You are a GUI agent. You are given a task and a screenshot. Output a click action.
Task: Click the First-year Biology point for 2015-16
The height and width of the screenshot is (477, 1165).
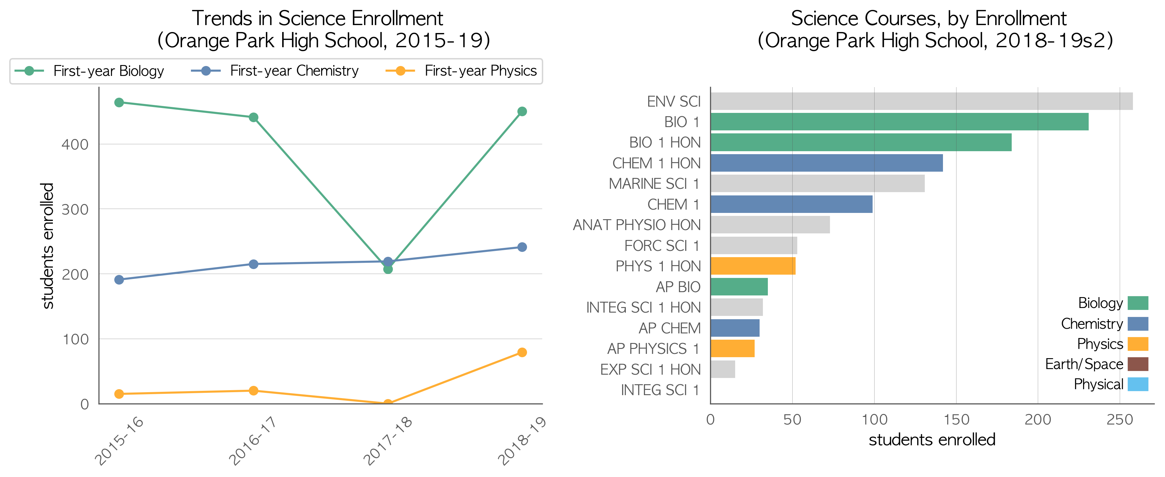point(119,103)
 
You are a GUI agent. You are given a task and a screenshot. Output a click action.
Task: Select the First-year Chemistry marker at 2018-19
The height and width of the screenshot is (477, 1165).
point(522,247)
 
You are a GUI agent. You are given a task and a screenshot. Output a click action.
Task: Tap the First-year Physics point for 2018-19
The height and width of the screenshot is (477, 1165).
point(522,352)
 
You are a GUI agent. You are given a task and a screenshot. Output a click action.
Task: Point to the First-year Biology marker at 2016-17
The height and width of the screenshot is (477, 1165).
point(254,118)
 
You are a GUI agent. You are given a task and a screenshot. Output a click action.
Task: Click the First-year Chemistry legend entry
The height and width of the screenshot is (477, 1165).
point(275,71)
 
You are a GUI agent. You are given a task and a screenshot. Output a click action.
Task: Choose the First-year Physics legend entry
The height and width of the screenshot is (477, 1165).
point(461,71)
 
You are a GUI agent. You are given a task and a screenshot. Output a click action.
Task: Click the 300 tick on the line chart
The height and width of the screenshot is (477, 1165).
point(75,210)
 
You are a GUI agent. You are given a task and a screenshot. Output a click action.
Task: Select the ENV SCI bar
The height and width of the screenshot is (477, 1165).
point(922,101)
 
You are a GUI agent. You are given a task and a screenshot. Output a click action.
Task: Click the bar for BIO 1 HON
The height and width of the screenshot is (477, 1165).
point(861,142)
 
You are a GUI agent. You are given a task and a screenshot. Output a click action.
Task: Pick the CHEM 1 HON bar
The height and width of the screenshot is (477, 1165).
point(827,163)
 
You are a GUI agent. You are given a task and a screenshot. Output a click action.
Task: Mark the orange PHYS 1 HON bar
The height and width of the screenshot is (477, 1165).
point(753,266)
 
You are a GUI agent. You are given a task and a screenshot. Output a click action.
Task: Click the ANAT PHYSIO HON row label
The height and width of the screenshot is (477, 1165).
point(637,225)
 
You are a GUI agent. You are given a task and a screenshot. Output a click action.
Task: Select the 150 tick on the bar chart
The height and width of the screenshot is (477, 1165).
point(956,420)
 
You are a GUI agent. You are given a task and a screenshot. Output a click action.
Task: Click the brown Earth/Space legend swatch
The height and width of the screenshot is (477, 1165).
point(1138,364)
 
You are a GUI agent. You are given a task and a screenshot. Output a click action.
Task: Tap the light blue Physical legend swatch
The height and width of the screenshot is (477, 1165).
point(1138,384)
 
